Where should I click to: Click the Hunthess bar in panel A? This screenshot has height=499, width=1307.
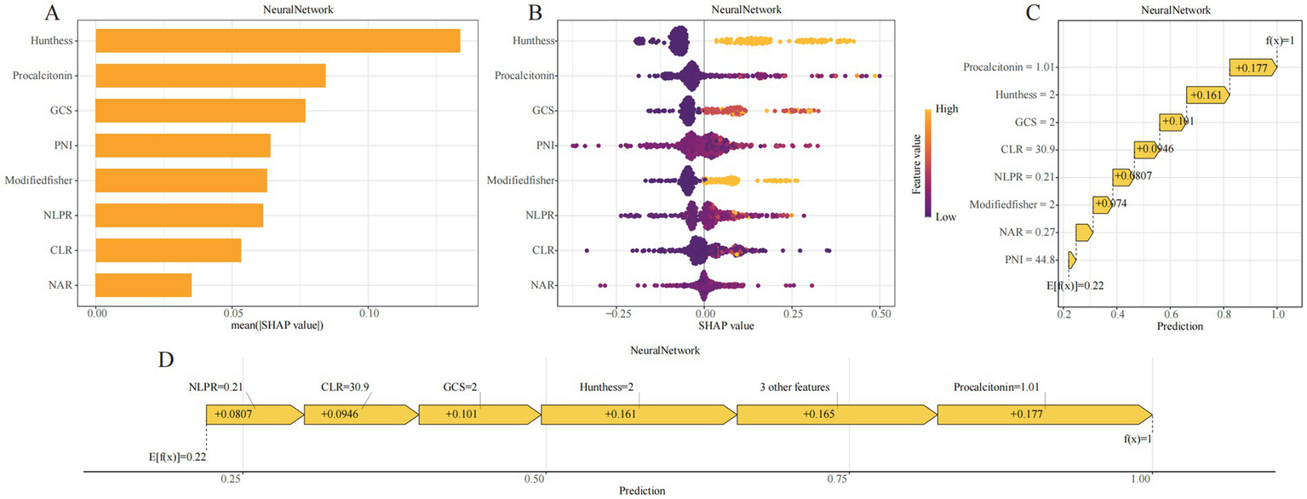pyautogui.click(x=278, y=41)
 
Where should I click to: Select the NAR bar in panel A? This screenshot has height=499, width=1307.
pyautogui.click(x=143, y=285)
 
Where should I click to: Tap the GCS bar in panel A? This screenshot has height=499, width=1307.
pyautogui.click(x=200, y=111)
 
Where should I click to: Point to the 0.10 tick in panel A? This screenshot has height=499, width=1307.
pyautogui.click(x=368, y=313)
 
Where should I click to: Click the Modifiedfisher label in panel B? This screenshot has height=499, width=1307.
pyautogui.click(x=521, y=181)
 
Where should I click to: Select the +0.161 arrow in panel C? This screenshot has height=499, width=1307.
pyautogui.click(x=1207, y=95)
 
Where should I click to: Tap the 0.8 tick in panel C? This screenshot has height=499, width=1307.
pyautogui.click(x=1223, y=313)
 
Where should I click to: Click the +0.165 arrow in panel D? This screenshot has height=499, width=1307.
pyautogui.click(x=835, y=414)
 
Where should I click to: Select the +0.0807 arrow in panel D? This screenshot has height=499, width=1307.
pyautogui.click(x=254, y=414)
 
